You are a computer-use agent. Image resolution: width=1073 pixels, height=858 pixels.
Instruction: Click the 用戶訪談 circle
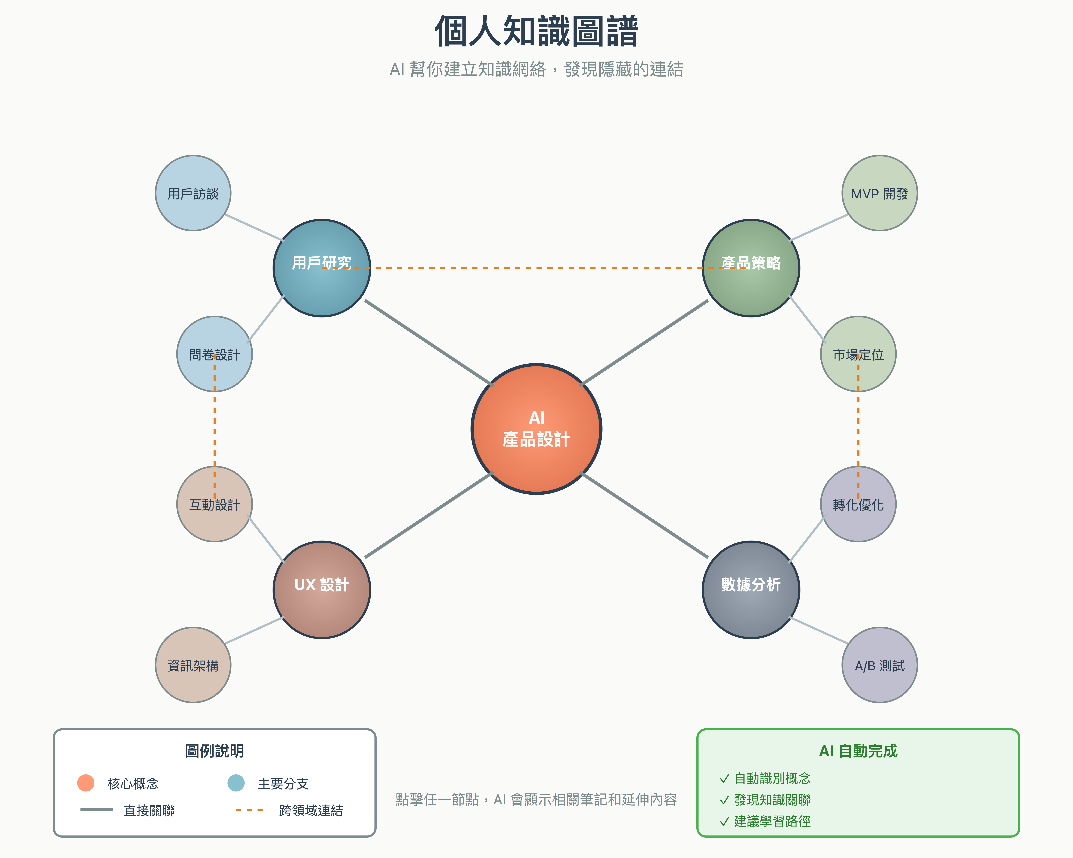193,193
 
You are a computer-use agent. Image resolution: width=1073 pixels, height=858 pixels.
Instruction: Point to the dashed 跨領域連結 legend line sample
249,810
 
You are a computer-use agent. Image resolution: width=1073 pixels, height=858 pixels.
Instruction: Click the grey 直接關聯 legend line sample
97,810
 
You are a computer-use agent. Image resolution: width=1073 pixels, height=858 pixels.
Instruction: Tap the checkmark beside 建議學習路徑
724,821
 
